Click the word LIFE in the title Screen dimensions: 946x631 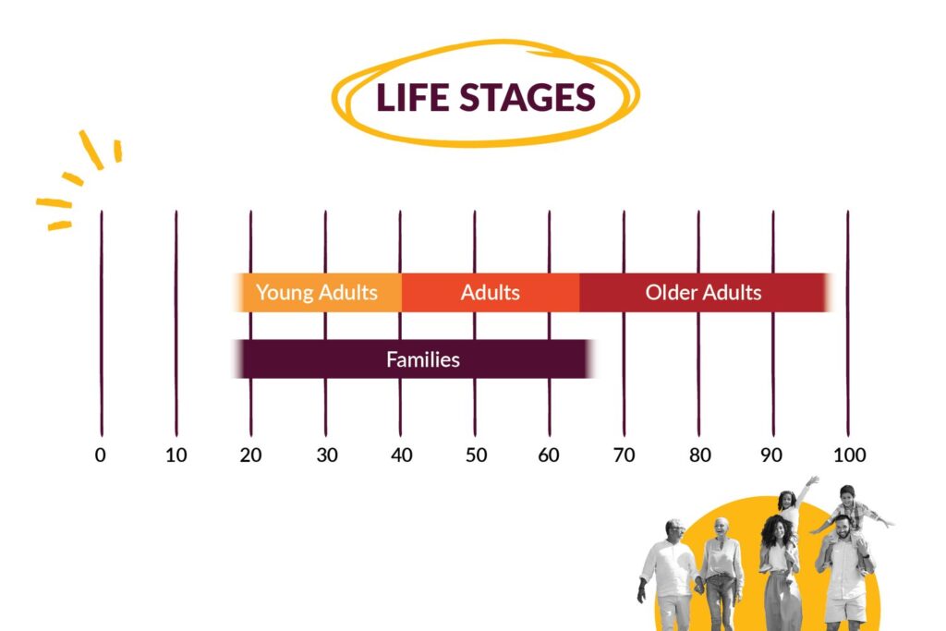(413, 97)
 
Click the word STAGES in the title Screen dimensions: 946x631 (528, 97)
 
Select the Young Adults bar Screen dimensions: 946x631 (318, 293)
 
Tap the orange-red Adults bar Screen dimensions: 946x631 (491, 293)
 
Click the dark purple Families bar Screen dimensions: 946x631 (415, 359)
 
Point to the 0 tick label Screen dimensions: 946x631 (100, 455)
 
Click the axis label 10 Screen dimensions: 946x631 (176, 455)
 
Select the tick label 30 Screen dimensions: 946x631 (327, 455)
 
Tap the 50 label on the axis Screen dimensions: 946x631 (476, 455)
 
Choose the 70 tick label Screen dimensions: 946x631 (624, 455)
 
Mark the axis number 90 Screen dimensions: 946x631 (771, 455)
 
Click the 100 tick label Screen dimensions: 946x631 (850, 455)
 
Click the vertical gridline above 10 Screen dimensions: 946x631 (176, 323)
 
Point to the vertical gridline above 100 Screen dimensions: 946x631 (848, 323)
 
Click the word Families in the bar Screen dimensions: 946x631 (423, 359)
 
